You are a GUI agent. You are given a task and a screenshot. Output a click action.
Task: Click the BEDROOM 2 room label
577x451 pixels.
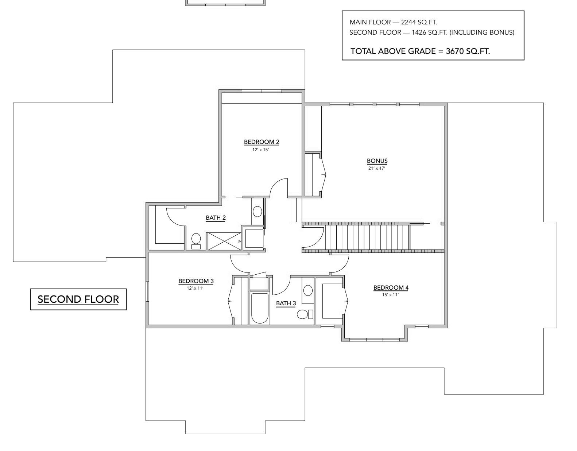[x=261, y=142]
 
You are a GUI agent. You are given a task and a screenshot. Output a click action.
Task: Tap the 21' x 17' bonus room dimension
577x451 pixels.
[x=377, y=168]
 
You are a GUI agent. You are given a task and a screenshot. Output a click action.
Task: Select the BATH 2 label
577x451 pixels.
[x=216, y=218]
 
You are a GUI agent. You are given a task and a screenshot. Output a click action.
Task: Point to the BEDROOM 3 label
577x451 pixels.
[x=196, y=281]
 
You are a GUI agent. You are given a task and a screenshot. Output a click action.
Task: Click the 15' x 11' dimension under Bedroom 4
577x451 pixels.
[x=390, y=295]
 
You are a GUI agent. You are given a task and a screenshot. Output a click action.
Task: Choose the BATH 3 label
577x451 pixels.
[x=286, y=303]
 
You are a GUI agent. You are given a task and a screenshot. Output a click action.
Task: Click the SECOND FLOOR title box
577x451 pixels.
[x=78, y=299]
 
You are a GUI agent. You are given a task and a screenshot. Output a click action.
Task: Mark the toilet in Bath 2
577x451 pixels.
[x=196, y=240]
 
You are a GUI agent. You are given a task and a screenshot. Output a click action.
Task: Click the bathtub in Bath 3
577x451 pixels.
[x=259, y=308]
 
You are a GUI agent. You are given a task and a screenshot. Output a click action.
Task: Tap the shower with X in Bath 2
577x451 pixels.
[x=224, y=241]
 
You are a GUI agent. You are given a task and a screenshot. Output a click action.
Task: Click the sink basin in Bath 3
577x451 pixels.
[x=308, y=290]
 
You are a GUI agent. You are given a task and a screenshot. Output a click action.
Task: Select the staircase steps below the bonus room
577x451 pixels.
[x=368, y=237]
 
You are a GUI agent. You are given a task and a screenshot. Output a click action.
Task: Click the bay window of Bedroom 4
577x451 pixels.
[x=374, y=340]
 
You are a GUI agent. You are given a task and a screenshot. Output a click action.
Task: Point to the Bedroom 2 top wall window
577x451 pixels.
[x=262, y=91]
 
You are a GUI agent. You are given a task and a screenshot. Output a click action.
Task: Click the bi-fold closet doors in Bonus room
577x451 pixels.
[x=323, y=175]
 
